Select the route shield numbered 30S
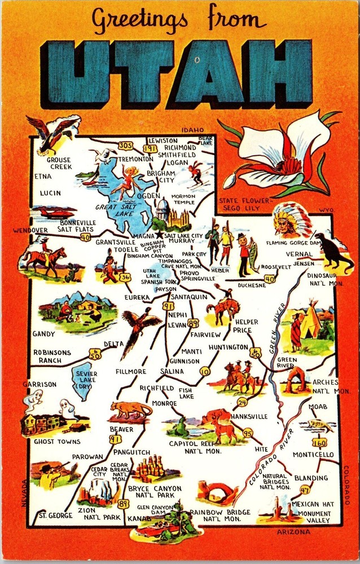point(126,146)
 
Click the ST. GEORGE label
point(55,515)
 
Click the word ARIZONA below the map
point(293,532)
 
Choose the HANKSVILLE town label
point(249,416)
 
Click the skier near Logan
point(197,172)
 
